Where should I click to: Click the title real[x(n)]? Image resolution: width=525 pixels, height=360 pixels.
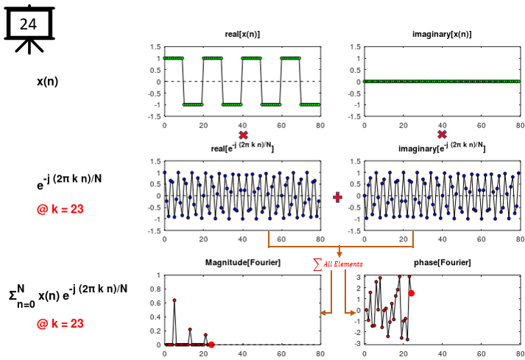[x=242, y=35]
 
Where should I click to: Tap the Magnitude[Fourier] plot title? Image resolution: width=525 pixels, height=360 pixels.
[x=242, y=263]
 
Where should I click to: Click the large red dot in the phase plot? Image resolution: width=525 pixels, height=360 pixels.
[x=411, y=293]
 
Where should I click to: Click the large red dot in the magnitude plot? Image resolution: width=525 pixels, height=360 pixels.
[x=211, y=344]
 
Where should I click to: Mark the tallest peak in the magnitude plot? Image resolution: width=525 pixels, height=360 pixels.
[x=175, y=300]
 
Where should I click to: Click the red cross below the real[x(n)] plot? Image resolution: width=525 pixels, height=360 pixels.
[x=242, y=135]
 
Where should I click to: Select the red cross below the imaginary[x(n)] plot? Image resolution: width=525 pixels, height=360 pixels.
[x=442, y=135]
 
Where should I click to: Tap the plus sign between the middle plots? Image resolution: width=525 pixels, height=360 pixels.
[x=338, y=197]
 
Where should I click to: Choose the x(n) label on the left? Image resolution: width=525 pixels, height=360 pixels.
[x=47, y=81]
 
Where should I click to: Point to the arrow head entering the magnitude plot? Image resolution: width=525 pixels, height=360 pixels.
[x=323, y=314]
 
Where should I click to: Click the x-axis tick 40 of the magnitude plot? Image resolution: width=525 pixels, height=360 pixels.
[x=242, y=353]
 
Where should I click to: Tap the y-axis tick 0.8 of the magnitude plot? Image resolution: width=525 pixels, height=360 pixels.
[x=155, y=289]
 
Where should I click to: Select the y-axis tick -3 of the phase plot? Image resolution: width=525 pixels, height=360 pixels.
[x=356, y=344]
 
